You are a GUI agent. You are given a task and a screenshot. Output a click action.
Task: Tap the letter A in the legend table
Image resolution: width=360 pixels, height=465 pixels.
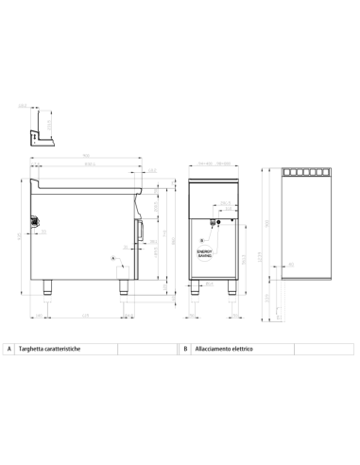9,349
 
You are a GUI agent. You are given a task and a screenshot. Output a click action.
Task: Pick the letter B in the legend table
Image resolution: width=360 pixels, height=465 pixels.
186,349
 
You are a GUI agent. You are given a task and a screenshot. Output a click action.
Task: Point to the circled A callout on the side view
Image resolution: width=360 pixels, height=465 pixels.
113,257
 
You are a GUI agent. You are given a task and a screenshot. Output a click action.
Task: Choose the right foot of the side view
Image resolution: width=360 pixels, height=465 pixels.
123,289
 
